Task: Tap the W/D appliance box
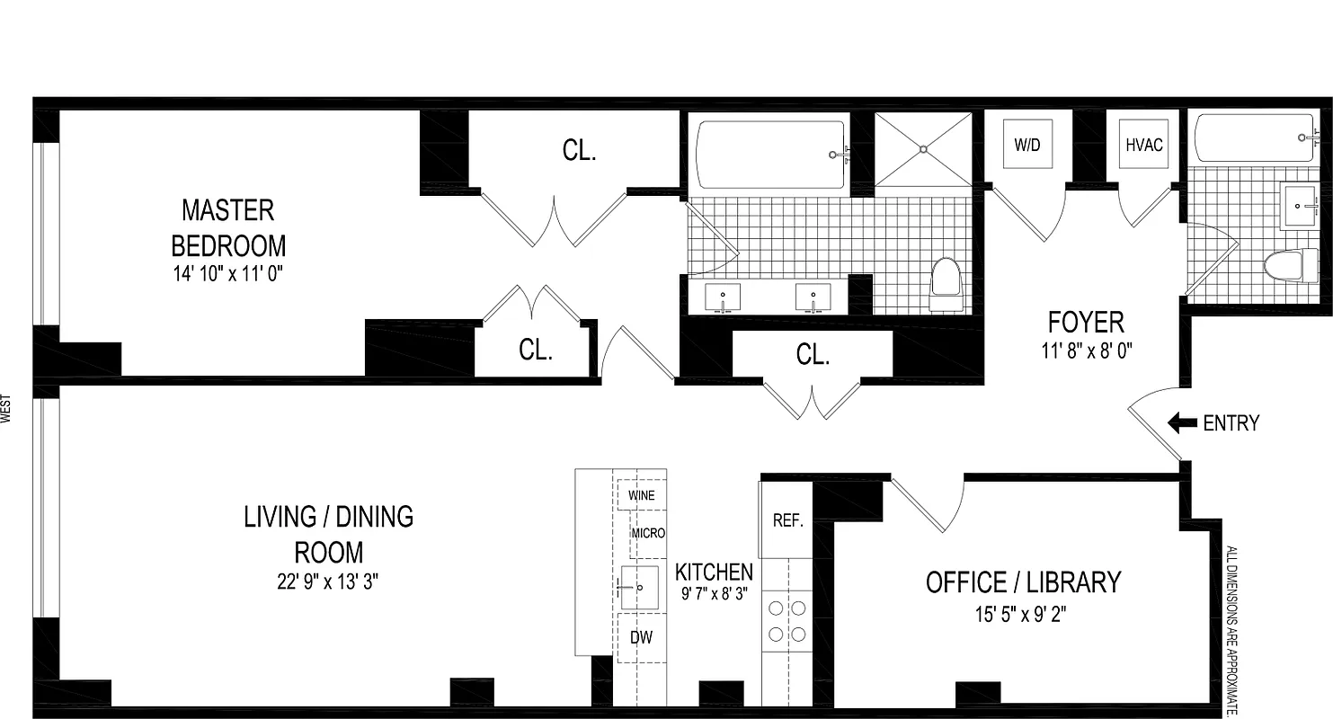click(1026, 146)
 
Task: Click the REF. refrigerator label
click(787, 521)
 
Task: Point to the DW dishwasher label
click(641, 637)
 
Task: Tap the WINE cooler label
click(642, 495)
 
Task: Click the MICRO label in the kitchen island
click(648, 533)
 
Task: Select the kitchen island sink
click(639, 589)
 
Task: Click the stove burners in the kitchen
click(786, 621)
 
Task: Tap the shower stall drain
click(923, 150)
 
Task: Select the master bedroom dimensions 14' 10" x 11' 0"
click(228, 275)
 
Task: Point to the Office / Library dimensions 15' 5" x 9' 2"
click(1023, 615)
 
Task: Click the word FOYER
click(1086, 322)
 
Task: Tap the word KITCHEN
click(714, 572)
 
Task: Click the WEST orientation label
click(8, 409)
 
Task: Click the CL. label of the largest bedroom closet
click(579, 151)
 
